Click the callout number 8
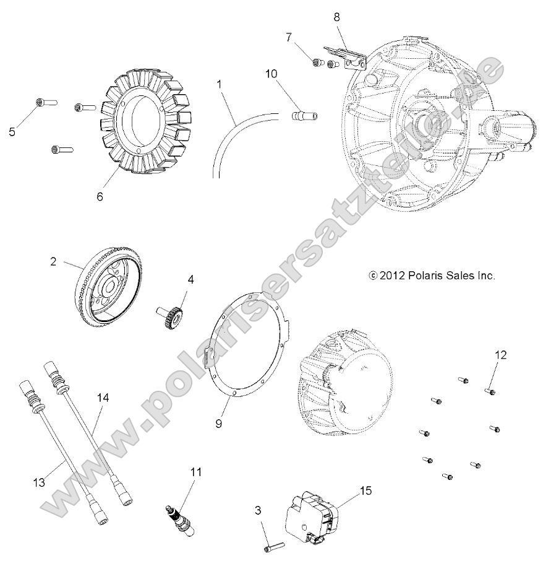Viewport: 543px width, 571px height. [337, 17]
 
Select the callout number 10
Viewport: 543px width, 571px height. [272, 74]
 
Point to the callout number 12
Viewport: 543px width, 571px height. [500, 355]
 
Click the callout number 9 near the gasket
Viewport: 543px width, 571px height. [218, 424]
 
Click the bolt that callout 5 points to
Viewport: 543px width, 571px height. [46, 101]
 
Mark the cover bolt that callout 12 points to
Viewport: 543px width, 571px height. [489, 391]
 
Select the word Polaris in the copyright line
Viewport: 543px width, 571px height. [425, 276]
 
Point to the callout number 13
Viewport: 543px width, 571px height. [39, 482]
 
